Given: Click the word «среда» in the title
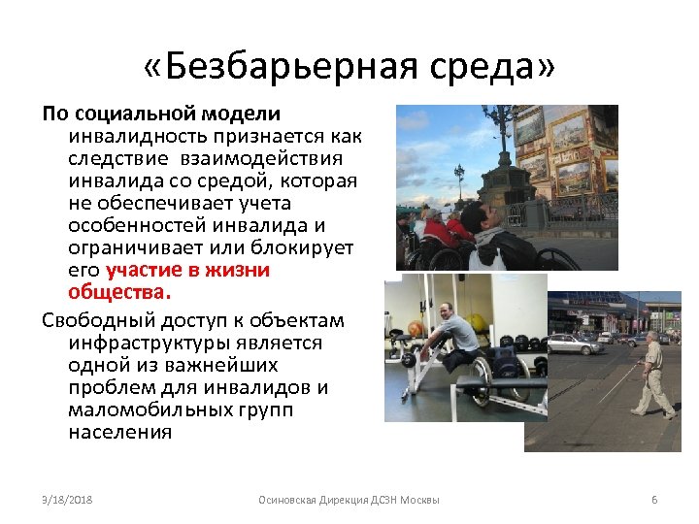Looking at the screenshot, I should click(488, 69).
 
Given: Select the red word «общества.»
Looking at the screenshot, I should click(119, 292).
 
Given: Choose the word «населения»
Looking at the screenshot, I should click(120, 432).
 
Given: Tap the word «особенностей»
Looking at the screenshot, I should click(140, 225).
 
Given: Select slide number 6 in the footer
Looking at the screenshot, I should click(654, 500).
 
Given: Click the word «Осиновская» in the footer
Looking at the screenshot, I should click(289, 500).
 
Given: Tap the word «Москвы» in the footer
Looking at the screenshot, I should click(419, 500).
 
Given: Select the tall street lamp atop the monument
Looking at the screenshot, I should click(502, 126).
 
